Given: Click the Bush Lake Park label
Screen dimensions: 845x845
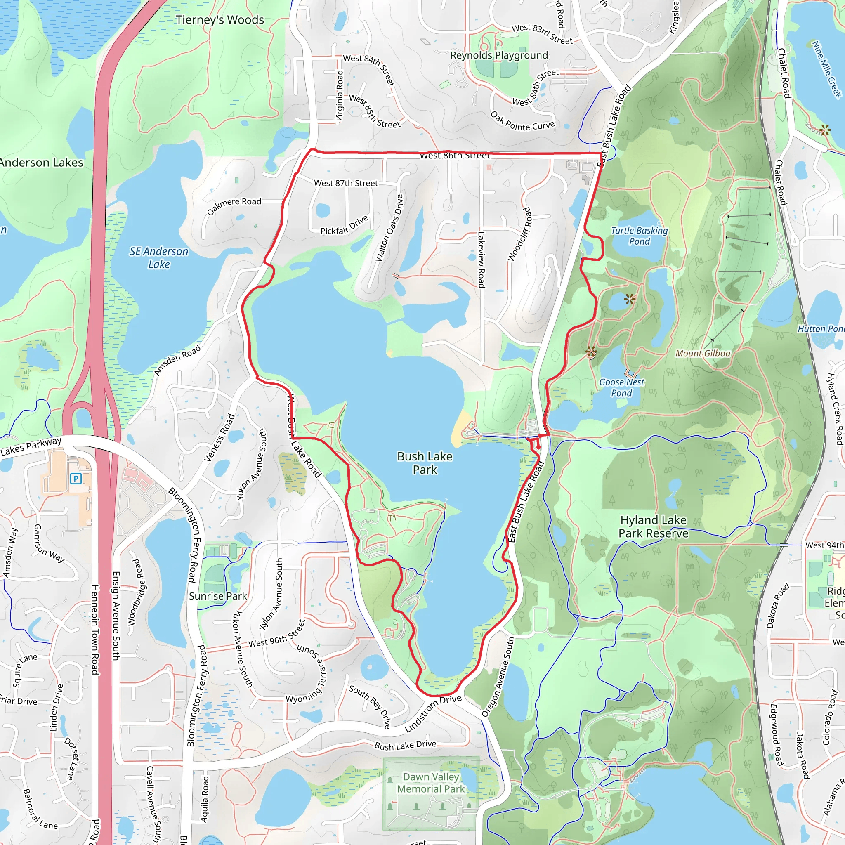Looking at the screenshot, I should point(424,463).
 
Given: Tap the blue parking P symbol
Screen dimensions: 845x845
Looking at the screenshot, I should point(76,479).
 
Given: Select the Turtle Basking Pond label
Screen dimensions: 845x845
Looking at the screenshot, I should point(639,236).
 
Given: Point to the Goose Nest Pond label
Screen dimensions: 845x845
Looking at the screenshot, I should point(621,387).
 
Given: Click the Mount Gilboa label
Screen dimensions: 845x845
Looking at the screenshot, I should point(702,354).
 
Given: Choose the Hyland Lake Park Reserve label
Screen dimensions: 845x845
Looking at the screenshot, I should point(653,526).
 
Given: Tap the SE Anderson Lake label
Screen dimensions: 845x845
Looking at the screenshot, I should point(159,257).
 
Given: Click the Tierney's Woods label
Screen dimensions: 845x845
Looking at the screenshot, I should point(220,20).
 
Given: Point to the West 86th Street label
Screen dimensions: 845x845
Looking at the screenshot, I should point(454,155).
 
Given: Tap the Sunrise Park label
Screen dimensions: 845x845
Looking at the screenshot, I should point(218,596).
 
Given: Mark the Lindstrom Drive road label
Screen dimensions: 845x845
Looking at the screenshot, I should point(432,713).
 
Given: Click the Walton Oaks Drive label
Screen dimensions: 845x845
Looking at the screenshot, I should point(389,228).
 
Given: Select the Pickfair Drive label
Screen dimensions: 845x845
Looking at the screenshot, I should point(344,225).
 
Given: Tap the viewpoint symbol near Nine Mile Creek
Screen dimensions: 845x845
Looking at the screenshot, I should point(824,130).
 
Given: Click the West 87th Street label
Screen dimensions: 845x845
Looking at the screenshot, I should point(345,183).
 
